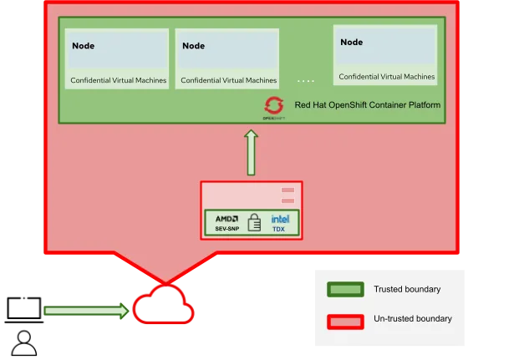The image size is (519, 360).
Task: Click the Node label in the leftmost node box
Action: tap(83, 46)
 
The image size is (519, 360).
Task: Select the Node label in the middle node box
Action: tap(193, 46)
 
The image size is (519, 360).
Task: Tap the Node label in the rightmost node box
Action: tap(351, 42)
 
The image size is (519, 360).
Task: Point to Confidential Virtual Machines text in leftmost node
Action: tap(118, 81)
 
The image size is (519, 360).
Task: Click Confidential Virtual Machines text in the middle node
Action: tap(228, 81)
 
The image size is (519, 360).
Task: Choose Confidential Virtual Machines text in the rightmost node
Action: tap(386, 77)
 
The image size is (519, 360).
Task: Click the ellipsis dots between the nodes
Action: tap(305, 81)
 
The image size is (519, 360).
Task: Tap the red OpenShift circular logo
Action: tap(273, 105)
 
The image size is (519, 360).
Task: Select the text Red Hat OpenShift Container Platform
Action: tap(367, 105)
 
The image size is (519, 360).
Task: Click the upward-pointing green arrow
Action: tap(251, 153)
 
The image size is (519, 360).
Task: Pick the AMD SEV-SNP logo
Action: tap(227, 222)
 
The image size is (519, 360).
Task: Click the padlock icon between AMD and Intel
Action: tap(255, 223)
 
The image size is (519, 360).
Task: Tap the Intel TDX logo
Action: tap(279, 222)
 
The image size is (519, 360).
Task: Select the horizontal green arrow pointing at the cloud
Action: tap(85, 312)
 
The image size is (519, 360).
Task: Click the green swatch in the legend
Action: tap(345, 290)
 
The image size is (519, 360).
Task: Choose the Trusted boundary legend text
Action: tap(407, 290)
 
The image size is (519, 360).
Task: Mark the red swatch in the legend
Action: tap(345, 321)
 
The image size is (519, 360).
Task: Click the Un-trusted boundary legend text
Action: tap(412, 319)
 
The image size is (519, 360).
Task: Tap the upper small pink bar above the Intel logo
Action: tap(287, 191)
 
